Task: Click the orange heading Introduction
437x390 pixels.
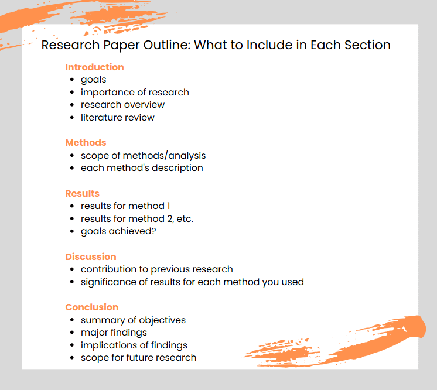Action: point(94,67)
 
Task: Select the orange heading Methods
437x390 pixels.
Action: point(86,143)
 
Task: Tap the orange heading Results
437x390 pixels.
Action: point(82,194)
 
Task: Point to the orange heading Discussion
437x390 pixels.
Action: point(91,257)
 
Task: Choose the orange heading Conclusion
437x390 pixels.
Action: point(92,307)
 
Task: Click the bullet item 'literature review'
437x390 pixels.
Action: point(117,118)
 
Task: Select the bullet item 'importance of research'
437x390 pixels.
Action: point(135,93)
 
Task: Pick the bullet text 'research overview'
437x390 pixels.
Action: point(122,105)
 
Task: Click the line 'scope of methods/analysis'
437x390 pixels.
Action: point(144,156)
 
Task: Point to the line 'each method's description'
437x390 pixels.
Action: point(142,168)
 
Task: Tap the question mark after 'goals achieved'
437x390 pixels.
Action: point(153,231)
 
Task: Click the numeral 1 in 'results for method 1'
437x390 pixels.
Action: point(169,206)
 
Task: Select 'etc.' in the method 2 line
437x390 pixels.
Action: point(185,219)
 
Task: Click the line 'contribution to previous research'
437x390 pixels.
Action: point(156,269)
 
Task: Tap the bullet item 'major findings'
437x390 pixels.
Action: point(114,333)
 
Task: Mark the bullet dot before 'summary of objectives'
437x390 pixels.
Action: point(72,320)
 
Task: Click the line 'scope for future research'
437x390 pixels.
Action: point(138,358)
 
